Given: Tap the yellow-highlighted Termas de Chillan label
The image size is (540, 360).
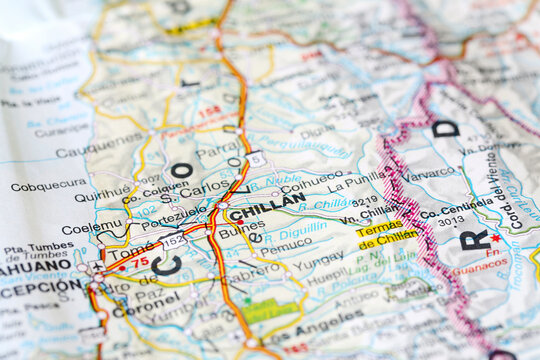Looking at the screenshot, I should pyautogui.click(x=387, y=233).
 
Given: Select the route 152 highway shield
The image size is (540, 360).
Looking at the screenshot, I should pyautogui.click(x=174, y=241).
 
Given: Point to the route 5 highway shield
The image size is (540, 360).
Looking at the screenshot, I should pyautogui.click(x=257, y=158).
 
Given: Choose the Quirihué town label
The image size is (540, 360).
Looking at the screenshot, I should pyautogui.click(x=102, y=197).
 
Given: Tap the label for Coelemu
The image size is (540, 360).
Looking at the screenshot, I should pyautogui.click(x=93, y=228).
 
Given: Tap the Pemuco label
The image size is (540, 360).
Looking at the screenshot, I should pyautogui.click(x=286, y=243).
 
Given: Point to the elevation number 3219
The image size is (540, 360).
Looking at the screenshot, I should pyautogui.click(x=365, y=200).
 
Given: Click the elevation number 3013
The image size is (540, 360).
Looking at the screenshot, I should pyautogui.click(x=450, y=221).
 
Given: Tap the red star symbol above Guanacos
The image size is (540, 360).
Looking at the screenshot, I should pyautogui.click(x=494, y=238).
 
